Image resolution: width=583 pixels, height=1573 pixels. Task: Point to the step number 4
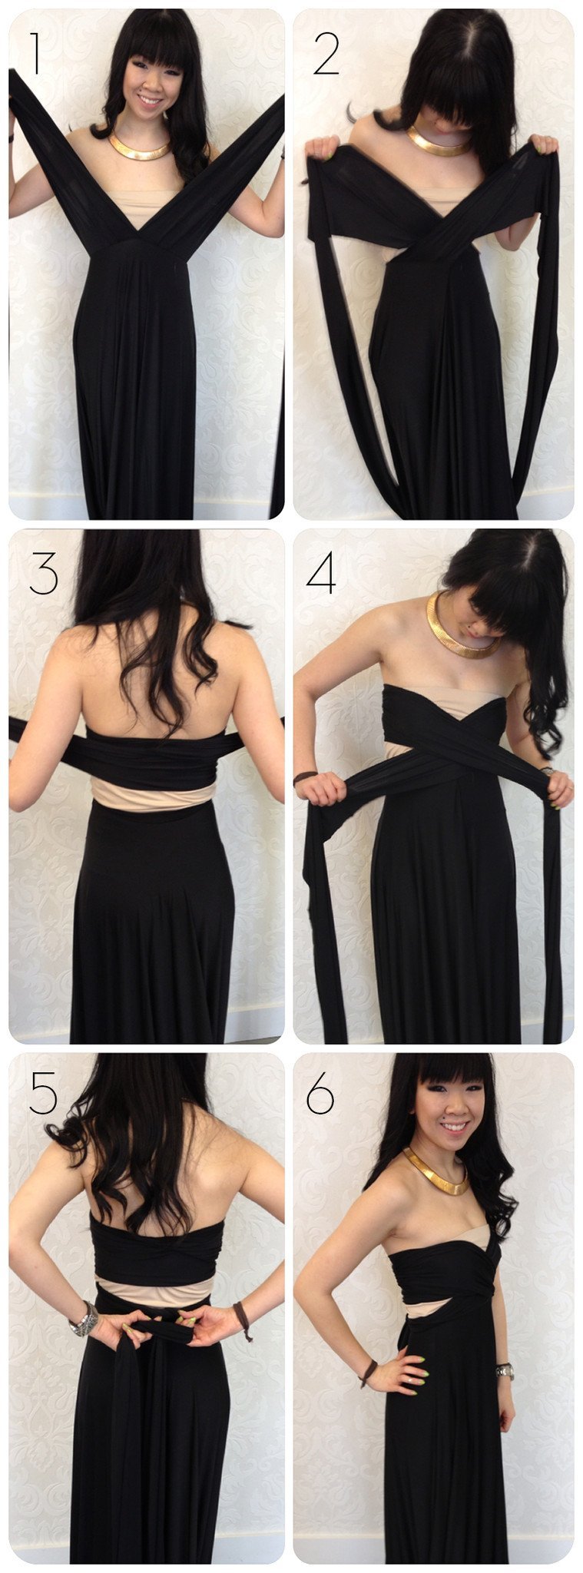pyautogui.click(x=321, y=574)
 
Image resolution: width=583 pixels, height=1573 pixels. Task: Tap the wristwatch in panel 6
pyautogui.click(x=505, y=1370)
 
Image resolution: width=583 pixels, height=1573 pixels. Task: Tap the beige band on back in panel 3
pyautogui.click(x=151, y=795)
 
